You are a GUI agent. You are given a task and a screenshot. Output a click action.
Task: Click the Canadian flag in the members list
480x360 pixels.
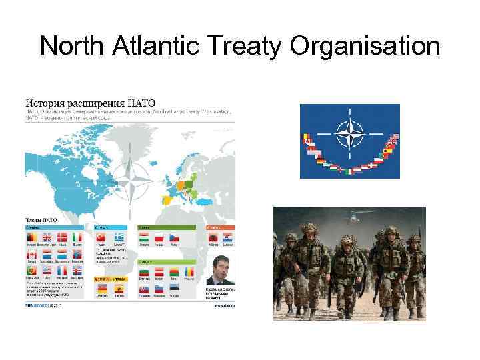click(x=31, y=254)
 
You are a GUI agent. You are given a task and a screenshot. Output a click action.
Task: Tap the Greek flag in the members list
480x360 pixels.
click(x=121, y=237)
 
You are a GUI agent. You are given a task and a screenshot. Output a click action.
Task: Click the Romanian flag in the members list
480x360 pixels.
click(x=192, y=272)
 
